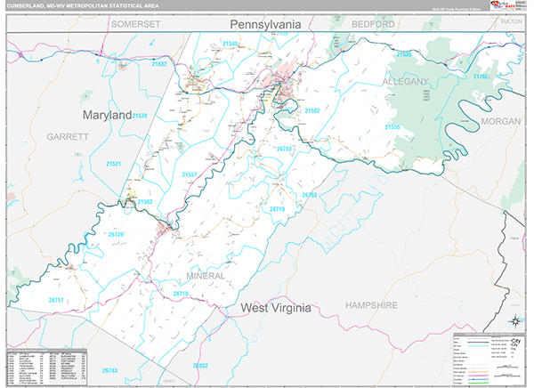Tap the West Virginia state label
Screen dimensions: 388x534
276,308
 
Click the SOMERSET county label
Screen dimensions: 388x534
135,24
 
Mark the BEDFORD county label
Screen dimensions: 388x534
372,24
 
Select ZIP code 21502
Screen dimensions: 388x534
312,110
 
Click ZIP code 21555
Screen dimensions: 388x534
392,127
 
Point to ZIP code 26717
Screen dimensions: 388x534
56,300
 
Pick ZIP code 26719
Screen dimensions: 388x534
278,208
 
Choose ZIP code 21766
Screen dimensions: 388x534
481,77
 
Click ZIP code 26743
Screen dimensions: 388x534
109,369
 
